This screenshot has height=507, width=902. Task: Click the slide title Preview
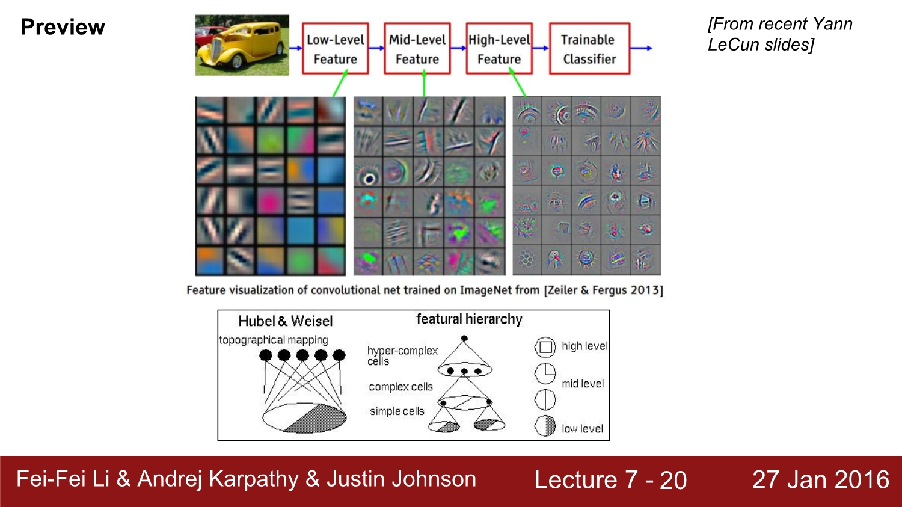click(63, 27)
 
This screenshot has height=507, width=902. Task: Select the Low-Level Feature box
click(335, 49)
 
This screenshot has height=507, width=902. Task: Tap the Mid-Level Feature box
click(417, 49)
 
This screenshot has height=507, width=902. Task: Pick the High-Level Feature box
click(499, 49)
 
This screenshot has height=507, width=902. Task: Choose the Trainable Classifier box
click(589, 49)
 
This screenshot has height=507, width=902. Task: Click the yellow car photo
click(242, 46)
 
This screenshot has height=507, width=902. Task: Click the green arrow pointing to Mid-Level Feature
click(424, 84)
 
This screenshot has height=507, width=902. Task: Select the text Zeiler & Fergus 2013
click(603, 290)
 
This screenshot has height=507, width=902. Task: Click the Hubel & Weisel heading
click(285, 321)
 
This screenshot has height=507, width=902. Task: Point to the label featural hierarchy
click(469, 319)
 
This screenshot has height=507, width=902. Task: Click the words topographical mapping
click(274, 340)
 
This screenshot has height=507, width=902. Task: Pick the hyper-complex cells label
click(402, 355)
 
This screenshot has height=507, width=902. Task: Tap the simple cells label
click(397, 411)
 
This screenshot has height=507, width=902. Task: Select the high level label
click(584, 346)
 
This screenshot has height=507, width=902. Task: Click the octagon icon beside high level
click(545, 347)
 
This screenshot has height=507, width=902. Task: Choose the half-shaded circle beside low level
click(545, 426)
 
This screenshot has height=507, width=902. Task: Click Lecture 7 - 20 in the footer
click(610, 480)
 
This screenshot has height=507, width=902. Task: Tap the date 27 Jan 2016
click(820, 479)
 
